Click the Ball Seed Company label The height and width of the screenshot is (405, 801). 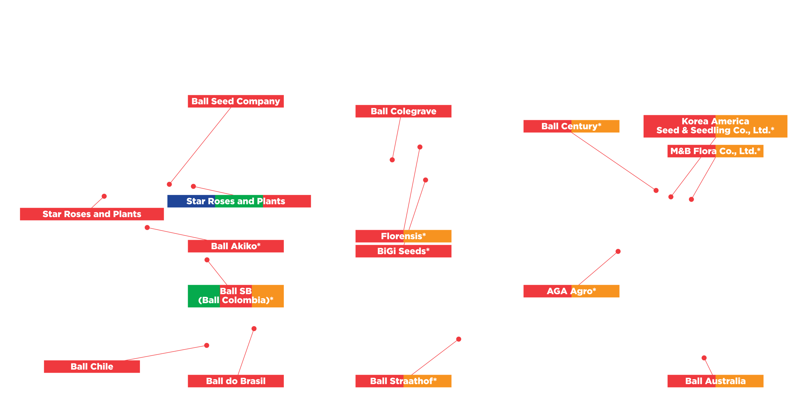[x=235, y=101]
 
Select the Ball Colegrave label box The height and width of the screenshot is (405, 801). [x=403, y=111]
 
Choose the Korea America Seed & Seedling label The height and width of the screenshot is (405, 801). [x=715, y=126]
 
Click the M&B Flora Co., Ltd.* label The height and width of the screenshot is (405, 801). [x=715, y=151]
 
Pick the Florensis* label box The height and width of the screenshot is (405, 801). [x=403, y=236]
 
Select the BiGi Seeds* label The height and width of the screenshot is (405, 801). [x=403, y=251]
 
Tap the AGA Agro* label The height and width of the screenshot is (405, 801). [x=571, y=291]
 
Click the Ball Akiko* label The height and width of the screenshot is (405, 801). [x=235, y=246]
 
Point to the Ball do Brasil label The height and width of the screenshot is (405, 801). [x=235, y=381]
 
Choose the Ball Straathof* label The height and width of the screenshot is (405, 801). [x=403, y=381]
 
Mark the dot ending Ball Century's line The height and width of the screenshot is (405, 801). [x=656, y=190]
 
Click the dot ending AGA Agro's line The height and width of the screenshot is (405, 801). [x=618, y=251]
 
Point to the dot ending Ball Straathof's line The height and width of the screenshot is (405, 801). [x=459, y=339]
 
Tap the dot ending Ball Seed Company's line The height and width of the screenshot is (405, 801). [x=169, y=184]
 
